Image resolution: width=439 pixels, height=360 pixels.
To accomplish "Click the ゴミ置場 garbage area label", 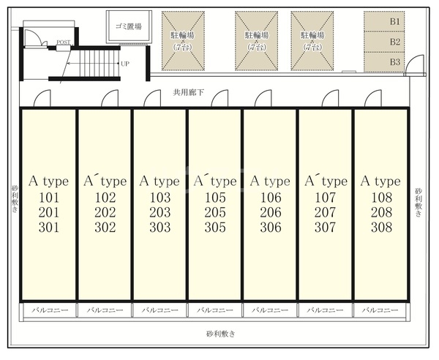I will pyautogui.click(x=128, y=26).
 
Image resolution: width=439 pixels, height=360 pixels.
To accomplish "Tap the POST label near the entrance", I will pyautogui.click(x=64, y=42).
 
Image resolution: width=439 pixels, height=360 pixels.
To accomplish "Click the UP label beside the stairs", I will pyautogui.click(x=125, y=64).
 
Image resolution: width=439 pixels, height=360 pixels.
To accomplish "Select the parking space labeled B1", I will pyautogui.click(x=395, y=22).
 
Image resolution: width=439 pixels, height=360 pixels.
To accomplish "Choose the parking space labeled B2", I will pyautogui.click(x=395, y=42).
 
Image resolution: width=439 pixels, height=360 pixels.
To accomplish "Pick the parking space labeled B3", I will pyautogui.click(x=395, y=62).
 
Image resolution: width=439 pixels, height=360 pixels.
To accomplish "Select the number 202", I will pyautogui.click(x=105, y=212).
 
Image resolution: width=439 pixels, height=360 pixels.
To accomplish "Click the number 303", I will pyautogui.click(x=160, y=228).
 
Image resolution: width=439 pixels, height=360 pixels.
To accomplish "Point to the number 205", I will pyautogui.click(x=214, y=212).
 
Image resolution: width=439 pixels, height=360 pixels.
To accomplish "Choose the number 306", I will pyautogui.click(x=270, y=228).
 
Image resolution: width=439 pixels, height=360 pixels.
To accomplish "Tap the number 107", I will pyautogui.click(x=325, y=198).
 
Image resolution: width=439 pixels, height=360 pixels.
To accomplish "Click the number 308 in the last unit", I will pyautogui.click(x=380, y=228).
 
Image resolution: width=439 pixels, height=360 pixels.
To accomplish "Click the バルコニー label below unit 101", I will pyautogui.click(x=50, y=310).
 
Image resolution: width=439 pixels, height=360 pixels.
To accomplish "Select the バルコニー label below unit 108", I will pyautogui.click(x=380, y=310).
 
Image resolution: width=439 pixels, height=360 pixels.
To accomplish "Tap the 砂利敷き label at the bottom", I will pyautogui.click(x=219, y=334).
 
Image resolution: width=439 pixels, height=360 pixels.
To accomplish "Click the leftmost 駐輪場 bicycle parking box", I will pyautogui.click(x=183, y=40).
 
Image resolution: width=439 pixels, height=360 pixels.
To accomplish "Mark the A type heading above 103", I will pyautogui.click(x=160, y=181).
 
